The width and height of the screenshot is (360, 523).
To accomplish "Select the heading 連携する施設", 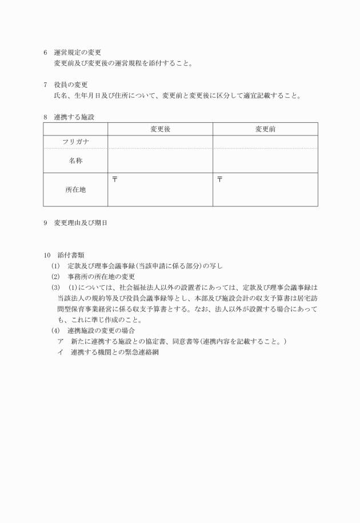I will click(x=74, y=117).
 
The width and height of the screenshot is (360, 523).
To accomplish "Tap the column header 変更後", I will click(x=160, y=129).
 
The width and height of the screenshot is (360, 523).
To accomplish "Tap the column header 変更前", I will click(x=265, y=129).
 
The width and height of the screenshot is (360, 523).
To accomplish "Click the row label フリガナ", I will click(x=75, y=141).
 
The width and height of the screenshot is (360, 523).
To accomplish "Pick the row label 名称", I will click(x=75, y=161).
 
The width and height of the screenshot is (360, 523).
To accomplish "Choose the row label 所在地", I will click(x=75, y=189).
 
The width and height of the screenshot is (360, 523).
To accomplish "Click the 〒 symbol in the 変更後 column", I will click(x=114, y=179).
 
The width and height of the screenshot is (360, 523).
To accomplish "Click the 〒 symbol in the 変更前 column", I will click(x=220, y=179).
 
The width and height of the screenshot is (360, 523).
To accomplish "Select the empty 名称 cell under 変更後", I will click(x=160, y=161).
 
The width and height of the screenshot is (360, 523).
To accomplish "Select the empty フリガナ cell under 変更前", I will click(x=265, y=141).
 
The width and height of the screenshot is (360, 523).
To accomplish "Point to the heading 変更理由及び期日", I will click(x=81, y=223).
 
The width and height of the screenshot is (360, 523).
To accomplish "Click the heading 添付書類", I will click(x=70, y=255).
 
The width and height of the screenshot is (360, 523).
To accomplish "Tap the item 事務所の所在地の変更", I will click(x=101, y=277).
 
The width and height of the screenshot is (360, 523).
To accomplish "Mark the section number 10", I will click(x=46, y=255).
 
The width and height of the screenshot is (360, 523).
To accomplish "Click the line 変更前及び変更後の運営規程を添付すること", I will click(x=123, y=63).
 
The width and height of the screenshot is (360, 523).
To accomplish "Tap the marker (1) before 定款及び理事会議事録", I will click(x=55, y=266).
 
